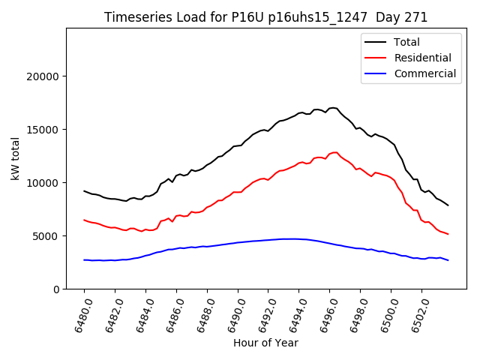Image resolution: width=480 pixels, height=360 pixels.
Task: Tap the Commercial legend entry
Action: coord(424,73)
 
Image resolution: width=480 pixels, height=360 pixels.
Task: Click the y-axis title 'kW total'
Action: coord(15,158)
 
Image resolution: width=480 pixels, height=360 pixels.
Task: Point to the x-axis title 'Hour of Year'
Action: coord(265,343)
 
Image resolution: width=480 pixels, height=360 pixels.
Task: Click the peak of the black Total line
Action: coord(332,108)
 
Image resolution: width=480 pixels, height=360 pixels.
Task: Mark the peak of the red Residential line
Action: coord(334,152)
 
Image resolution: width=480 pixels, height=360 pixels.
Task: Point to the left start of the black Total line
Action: coord(84,191)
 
